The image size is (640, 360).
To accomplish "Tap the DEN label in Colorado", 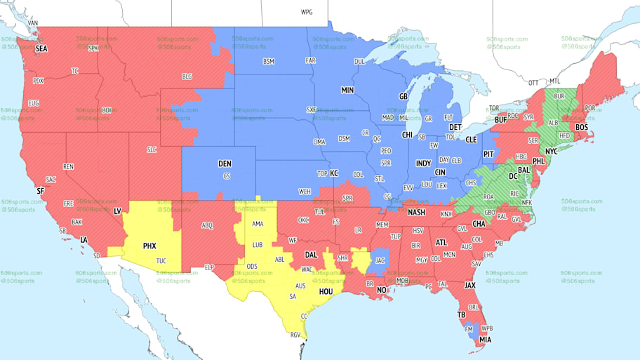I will pyautogui.click(x=225, y=164).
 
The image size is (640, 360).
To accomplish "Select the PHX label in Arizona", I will pyautogui.click(x=149, y=246).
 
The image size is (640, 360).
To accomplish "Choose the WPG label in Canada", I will pyautogui.click(x=307, y=13).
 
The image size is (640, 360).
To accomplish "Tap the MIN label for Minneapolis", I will pyautogui.click(x=347, y=91).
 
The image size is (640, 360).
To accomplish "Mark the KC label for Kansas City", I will pyautogui.click(x=334, y=173).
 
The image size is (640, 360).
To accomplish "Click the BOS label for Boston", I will pyautogui.click(x=582, y=127).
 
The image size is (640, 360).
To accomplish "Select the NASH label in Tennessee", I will pyautogui.click(x=417, y=213).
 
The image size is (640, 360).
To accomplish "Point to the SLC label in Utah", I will pyautogui.click(x=152, y=150).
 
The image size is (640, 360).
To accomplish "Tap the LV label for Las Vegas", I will pyautogui.click(x=117, y=211).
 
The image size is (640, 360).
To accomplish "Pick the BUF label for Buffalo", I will pyautogui.click(x=502, y=121).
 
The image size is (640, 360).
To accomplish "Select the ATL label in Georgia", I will pyautogui.click(x=441, y=243).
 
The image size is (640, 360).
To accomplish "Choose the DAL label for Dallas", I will pyautogui.click(x=312, y=255).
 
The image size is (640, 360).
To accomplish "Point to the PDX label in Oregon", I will pyautogui.click(x=39, y=81).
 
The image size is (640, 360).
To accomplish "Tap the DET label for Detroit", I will pyautogui.click(x=455, y=127).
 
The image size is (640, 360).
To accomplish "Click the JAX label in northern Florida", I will pyautogui.click(x=470, y=285).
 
